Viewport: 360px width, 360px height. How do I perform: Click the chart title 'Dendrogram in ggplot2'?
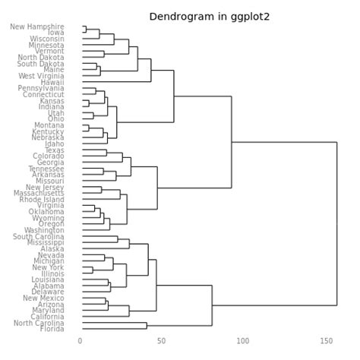pos(199,17)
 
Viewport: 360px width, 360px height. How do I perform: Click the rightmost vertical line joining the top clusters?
pos(336,223)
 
